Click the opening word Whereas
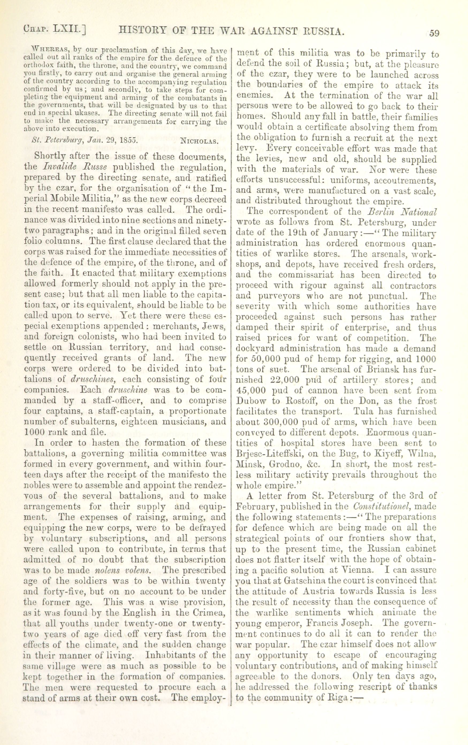(x=50, y=50)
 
